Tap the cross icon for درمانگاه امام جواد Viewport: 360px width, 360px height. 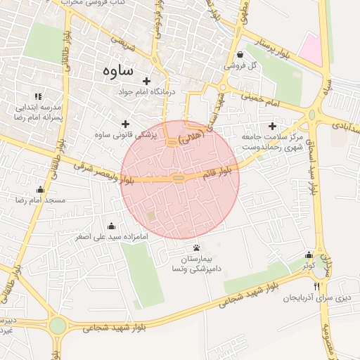tap(147, 81)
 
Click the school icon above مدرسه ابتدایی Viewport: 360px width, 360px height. tap(38, 96)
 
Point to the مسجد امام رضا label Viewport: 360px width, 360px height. tap(44, 200)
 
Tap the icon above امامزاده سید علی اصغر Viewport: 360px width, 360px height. tap(111, 226)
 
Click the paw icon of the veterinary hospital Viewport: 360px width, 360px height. tap(196, 247)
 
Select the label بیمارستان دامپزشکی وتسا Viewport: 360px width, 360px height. tap(196, 264)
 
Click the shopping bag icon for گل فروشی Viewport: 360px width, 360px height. tap(240, 54)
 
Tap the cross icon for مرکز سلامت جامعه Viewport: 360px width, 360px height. tap(272, 126)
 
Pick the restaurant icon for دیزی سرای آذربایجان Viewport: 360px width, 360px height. tap(317, 286)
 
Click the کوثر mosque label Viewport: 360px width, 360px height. tap(309, 266)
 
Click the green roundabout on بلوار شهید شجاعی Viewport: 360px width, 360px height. tap(58, 326)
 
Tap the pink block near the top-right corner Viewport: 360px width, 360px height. tap(310, 49)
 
